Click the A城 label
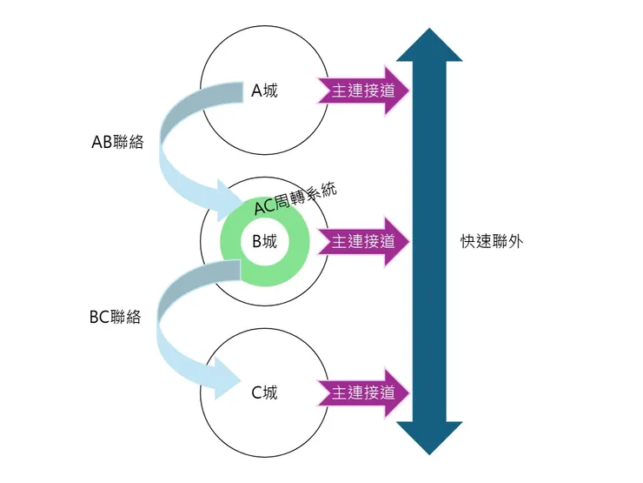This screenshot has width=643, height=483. tap(265, 91)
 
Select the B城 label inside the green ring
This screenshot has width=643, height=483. tap(265, 241)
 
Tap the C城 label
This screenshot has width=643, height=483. tap(265, 392)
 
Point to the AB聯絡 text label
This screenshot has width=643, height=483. tap(117, 143)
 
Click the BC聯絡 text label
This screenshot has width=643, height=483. tap(116, 318)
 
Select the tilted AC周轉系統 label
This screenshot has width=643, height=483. tap(295, 200)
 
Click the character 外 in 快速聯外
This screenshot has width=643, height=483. tap(515, 242)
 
